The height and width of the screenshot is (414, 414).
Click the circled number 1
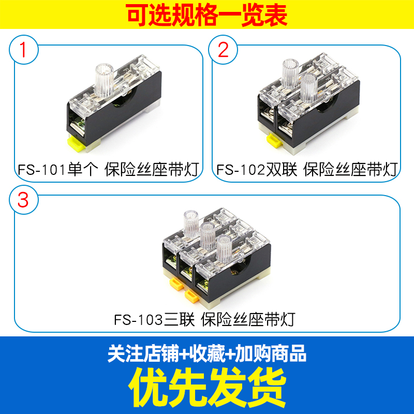coord(23,50)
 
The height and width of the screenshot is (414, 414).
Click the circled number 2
coord(223,50)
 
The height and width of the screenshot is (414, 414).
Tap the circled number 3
coord(23,200)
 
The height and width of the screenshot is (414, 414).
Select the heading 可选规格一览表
coord(207,16)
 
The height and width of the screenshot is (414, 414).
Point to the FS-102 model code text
coord(241,169)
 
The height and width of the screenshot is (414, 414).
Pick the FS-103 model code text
coord(139,319)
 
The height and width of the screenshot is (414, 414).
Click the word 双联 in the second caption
coord(282,169)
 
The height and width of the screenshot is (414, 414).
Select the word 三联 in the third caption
coord(179,319)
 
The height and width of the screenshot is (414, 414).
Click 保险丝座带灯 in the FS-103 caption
coord(248,319)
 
